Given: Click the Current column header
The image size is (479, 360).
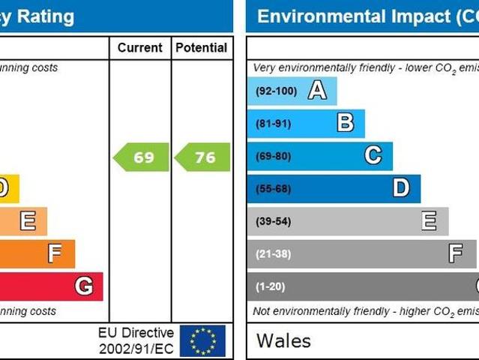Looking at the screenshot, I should tap(140, 48).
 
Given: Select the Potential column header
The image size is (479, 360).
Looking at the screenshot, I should tap(201, 48).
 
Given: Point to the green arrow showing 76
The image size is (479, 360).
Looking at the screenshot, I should tap(202, 157).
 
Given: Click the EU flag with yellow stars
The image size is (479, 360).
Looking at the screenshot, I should tap(202, 340).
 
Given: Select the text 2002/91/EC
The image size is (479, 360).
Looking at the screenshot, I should tap(136, 349).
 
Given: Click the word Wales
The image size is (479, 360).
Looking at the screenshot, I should tap(283, 340).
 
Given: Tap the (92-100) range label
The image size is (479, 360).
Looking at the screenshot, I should tap(276, 91).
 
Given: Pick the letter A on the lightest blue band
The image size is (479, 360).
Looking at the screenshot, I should tap(317, 91).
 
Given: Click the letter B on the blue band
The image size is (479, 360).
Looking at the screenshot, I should tap(345, 123).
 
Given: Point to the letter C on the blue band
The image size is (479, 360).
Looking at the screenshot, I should tap(373, 155).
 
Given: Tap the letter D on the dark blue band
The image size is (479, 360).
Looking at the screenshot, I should tap(401, 188).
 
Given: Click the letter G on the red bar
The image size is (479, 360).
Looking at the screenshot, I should tap(83, 286).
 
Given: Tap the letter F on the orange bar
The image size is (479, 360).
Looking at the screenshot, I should tap(55, 253).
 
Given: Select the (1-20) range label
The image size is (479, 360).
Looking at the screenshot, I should tap(270, 286).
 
